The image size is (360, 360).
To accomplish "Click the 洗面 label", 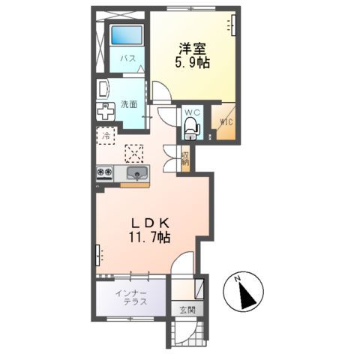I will pos(129,104).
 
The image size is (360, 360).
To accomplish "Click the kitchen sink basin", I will pos(136,174).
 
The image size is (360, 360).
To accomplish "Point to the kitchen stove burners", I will pos(104,174).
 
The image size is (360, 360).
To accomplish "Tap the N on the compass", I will pos(237,281).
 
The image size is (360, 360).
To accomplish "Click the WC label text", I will pos(192,112).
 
